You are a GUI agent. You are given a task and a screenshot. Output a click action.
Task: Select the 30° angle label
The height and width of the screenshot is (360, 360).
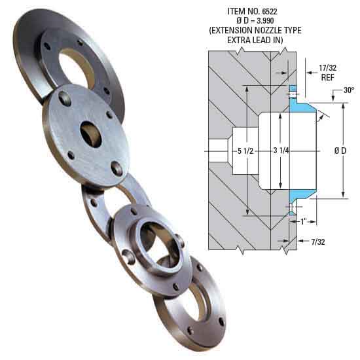pos(348,91)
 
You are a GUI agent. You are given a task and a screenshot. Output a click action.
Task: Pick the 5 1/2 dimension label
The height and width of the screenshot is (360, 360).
pos(245,151)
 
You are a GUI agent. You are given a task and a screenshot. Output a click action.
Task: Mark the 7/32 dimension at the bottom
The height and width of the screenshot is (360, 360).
pos(318,242)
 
